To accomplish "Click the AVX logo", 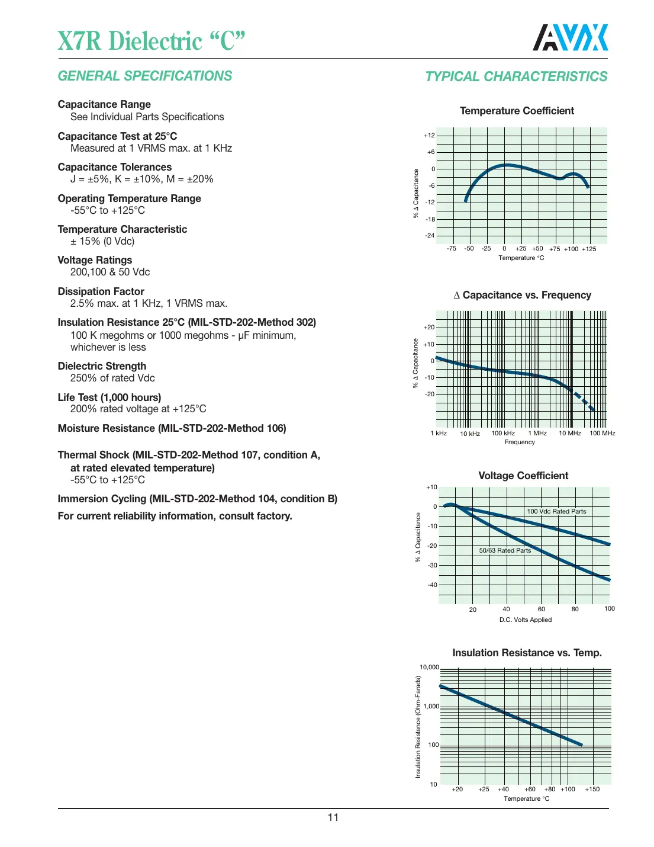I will click(570, 38).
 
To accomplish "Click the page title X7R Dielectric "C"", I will click(152, 41).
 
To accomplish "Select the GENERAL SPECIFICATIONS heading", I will click(145, 76).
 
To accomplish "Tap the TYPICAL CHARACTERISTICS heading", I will click(516, 76).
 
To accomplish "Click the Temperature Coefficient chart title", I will click(517, 111).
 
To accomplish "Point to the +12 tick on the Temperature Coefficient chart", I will click(429, 136).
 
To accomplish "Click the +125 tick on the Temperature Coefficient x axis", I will click(589, 249).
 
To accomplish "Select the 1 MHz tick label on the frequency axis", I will click(537, 434).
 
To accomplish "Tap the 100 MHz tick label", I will click(602, 434).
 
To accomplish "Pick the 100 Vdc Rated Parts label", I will click(556, 511).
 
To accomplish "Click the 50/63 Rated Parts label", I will click(505, 550).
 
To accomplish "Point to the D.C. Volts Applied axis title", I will click(525, 620).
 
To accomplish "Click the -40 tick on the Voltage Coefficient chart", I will click(432, 585).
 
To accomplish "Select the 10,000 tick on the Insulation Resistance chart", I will click(429, 668).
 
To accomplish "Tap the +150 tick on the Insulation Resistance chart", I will click(592, 789).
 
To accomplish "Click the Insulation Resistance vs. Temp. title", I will click(527, 653).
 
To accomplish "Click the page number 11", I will click(333, 817).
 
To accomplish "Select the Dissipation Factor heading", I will click(101, 291).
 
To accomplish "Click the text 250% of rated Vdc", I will click(112, 378).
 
